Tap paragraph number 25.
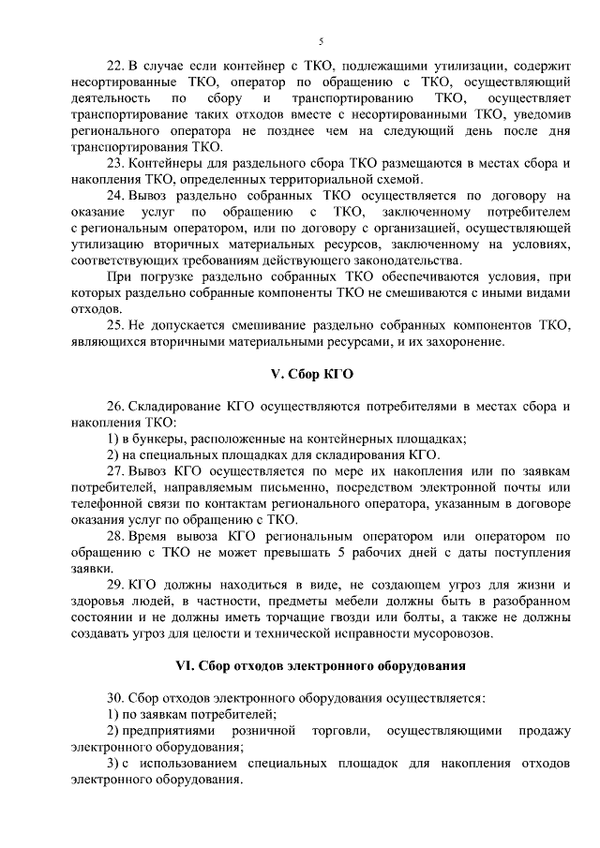coord(114,324)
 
